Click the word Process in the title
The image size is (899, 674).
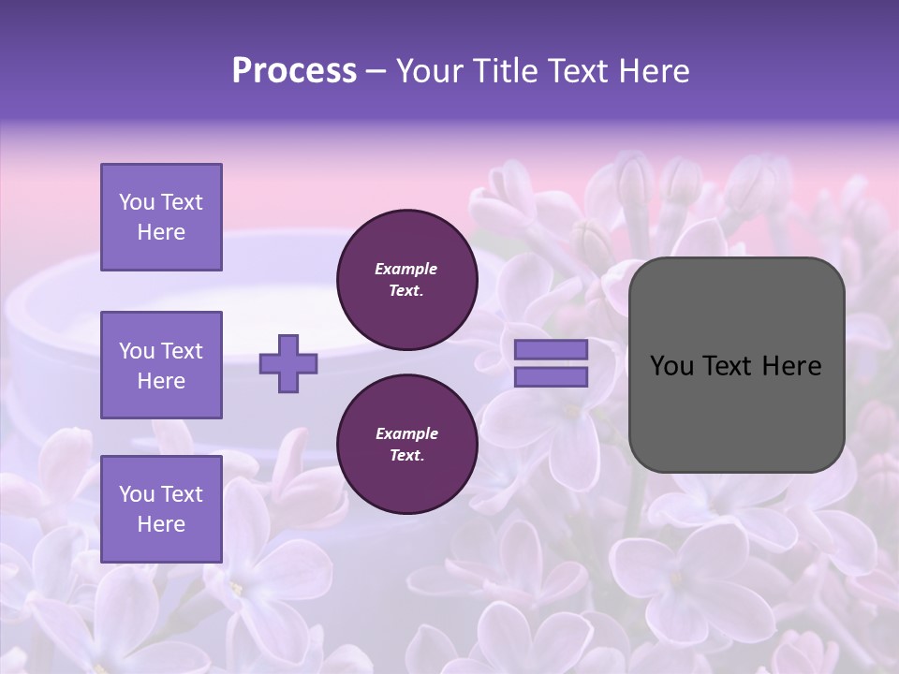pyautogui.click(x=294, y=71)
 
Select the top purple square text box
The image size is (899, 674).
pyautogui.click(x=161, y=217)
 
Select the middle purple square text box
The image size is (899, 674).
pyautogui.click(x=161, y=365)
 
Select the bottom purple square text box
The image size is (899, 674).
pyautogui.click(x=161, y=508)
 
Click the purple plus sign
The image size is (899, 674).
pyautogui.click(x=288, y=363)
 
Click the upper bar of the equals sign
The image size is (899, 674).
pyautogui.click(x=552, y=349)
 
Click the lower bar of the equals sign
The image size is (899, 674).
pyautogui.click(x=552, y=377)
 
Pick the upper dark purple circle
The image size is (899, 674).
pyautogui.click(x=406, y=280)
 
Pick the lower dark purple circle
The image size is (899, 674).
pyautogui.click(x=406, y=445)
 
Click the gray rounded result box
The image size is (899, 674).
pyautogui.click(x=736, y=365)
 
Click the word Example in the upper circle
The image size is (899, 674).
pyautogui.click(x=406, y=269)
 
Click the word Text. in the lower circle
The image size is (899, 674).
pyautogui.click(x=406, y=456)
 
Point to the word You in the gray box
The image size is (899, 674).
pyautogui.click(x=671, y=366)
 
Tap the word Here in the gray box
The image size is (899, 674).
pyautogui.click(x=791, y=366)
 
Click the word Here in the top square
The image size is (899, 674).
pyautogui.click(x=161, y=232)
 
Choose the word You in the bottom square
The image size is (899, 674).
pyautogui.click(x=136, y=494)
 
